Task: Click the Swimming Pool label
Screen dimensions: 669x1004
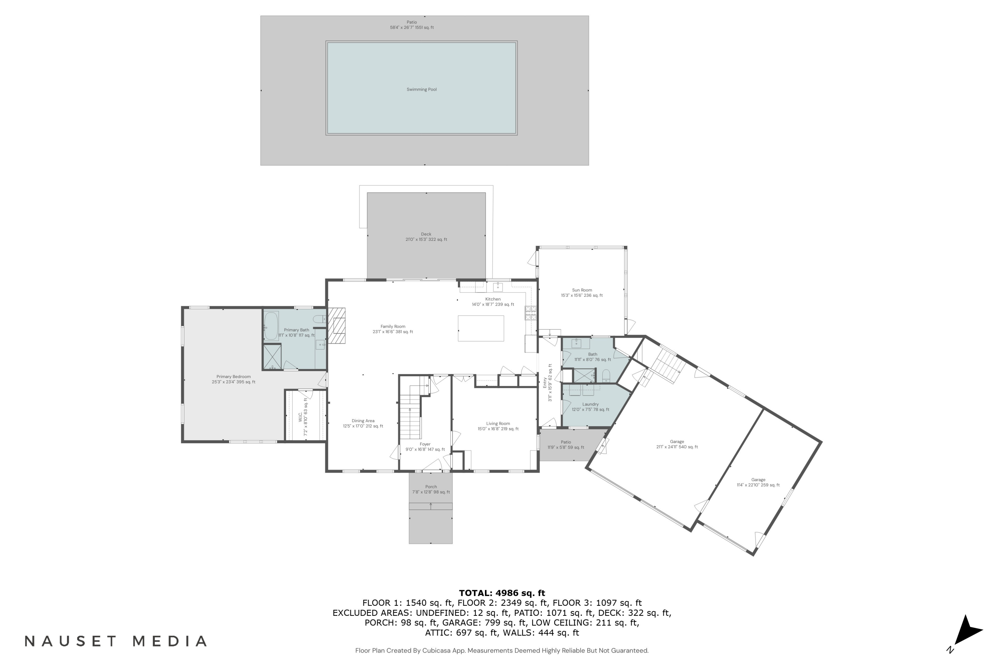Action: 421,90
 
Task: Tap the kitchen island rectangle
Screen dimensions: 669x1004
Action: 481,328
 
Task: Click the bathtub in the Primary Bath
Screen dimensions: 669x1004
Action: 271,325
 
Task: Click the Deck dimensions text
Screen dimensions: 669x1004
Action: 426,240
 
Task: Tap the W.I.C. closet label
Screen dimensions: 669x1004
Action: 301,417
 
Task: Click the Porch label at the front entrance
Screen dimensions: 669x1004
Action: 431,487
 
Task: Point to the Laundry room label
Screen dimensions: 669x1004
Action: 590,404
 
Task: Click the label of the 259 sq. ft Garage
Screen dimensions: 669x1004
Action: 758,480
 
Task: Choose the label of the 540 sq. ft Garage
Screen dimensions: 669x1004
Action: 677,442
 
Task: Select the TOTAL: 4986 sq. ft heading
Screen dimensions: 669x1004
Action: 502,593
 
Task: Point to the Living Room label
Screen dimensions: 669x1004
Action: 498,424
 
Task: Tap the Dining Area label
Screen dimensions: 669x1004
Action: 363,421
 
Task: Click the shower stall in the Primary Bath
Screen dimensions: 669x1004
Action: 272,357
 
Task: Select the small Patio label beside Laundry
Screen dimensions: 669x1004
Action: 566,443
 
